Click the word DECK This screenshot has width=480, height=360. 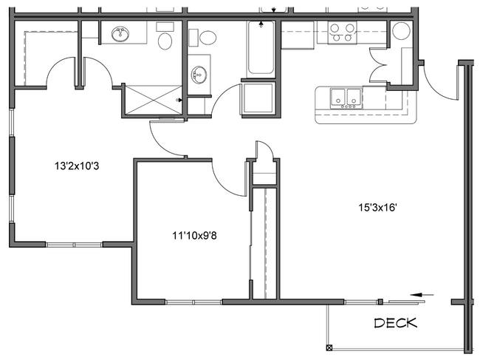[x=395, y=323]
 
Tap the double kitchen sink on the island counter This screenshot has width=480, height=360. [x=346, y=97]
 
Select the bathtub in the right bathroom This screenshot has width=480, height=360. [x=261, y=49]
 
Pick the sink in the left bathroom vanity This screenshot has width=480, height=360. [x=120, y=34]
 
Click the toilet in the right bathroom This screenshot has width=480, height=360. [x=207, y=36]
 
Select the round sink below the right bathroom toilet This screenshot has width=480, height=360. [x=199, y=74]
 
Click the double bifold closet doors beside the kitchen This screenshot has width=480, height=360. [x=386, y=69]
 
